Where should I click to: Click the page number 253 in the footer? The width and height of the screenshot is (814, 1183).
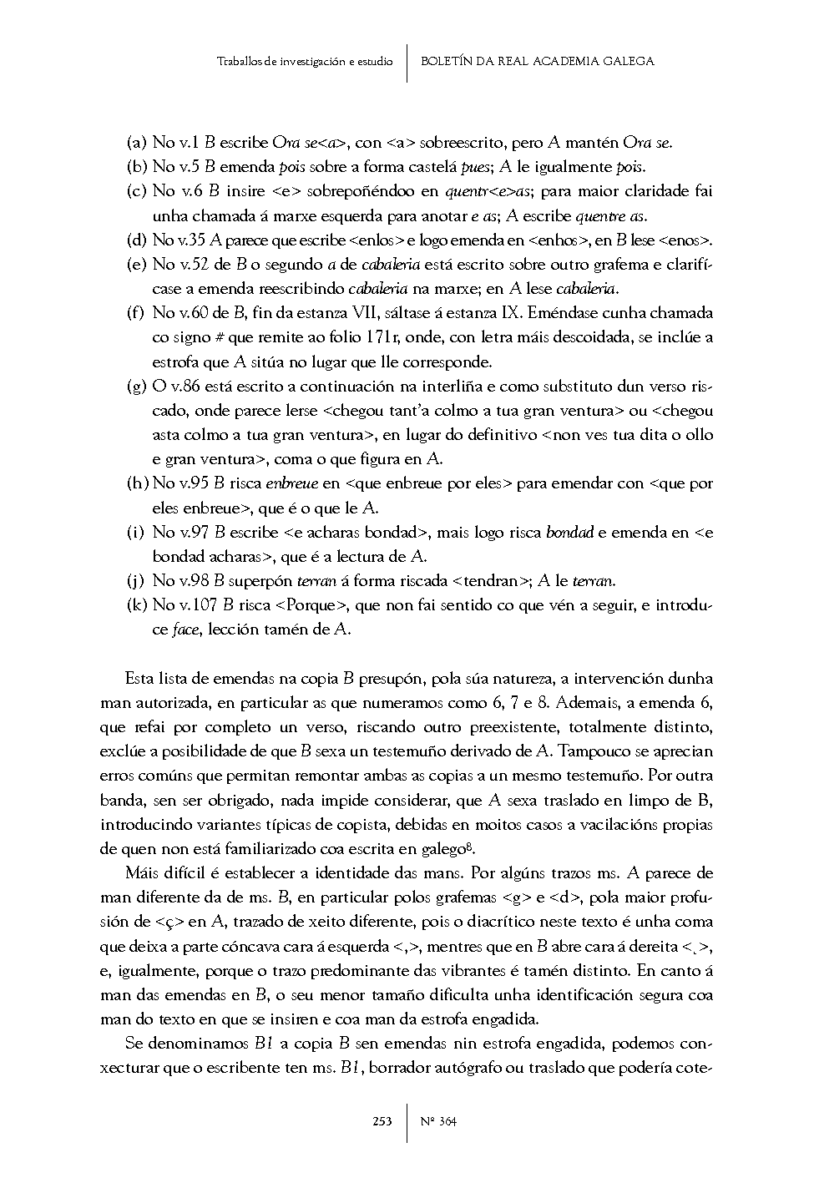(x=382, y=1121)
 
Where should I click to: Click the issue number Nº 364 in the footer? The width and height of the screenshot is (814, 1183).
(x=439, y=1121)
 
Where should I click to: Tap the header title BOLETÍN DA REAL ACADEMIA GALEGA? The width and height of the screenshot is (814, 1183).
(x=537, y=61)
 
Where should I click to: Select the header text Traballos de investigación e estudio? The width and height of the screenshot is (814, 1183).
(x=305, y=61)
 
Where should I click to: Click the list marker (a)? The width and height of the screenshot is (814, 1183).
(x=136, y=143)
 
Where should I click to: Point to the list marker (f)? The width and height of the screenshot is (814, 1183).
(x=135, y=313)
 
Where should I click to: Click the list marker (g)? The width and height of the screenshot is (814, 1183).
(x=136, y=387)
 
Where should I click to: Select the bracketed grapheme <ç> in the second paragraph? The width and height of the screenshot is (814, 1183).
(x=169, y=923)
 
